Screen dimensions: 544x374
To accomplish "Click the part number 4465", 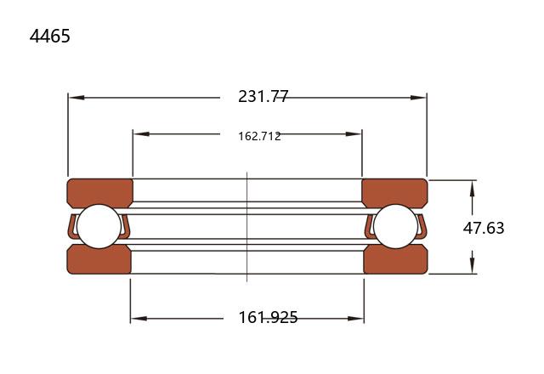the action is click(50, 36).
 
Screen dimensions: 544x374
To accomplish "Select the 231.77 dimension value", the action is click(263, 96).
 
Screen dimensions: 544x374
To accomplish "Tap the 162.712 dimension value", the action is click(259, 136).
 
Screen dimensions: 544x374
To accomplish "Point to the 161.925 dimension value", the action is click(268, 317).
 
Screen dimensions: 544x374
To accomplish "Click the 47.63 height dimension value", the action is click(484, 228).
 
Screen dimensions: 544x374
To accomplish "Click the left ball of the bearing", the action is click(99, 226).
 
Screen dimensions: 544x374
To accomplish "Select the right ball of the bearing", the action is click(396, 226).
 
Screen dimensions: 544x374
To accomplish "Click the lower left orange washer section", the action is click(99, 260).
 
